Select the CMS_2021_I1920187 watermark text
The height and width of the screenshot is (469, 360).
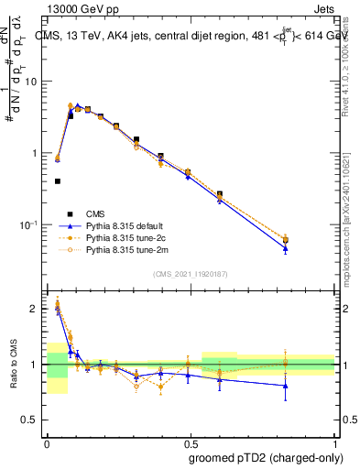(191, 273)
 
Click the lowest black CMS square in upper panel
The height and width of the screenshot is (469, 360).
(58, 181)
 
